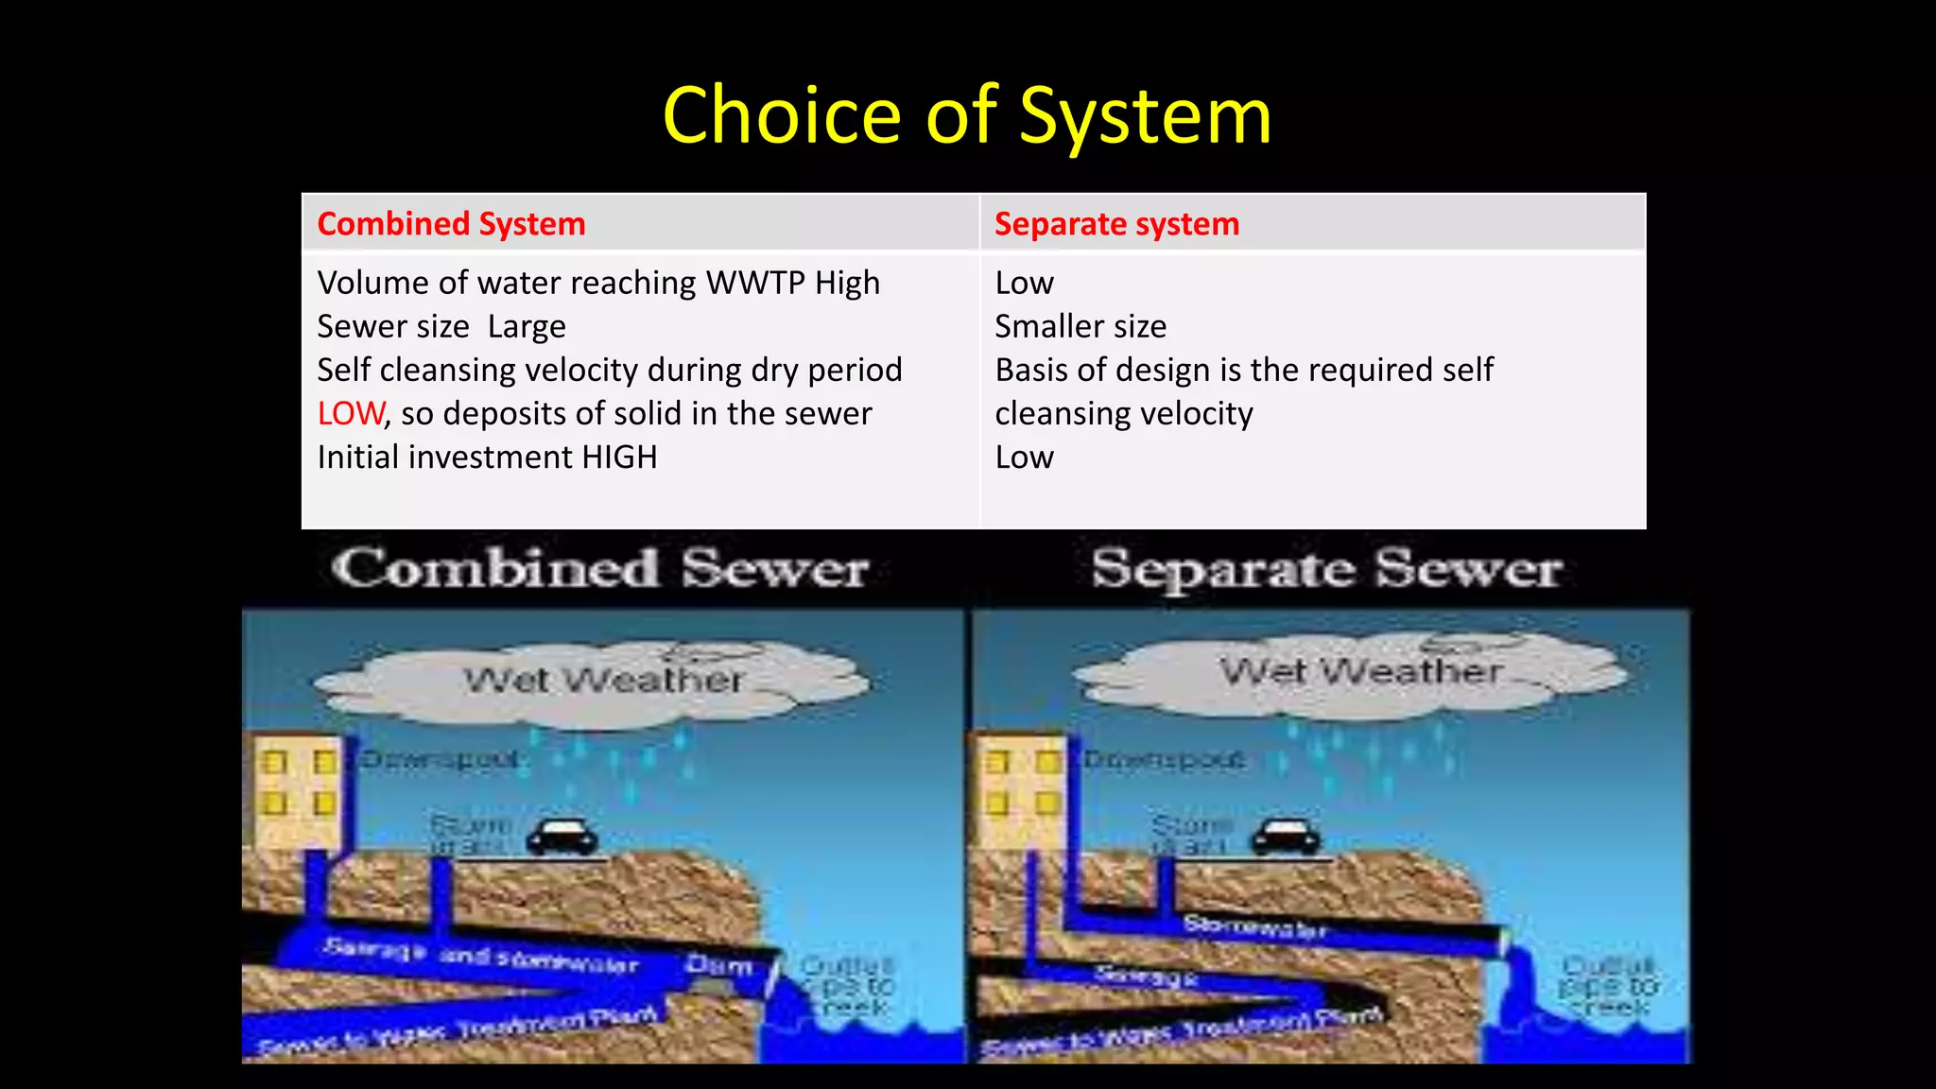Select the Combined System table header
(x=451, y=224)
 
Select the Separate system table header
(x=1116, y=224)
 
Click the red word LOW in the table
(x=351, y=414)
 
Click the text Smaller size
(x=1080, y=326)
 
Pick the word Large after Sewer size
(x=527, y=327)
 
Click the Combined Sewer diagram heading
(x=600, y=569)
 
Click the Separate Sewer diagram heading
(x=1326, y=570)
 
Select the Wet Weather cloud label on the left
(x=603, y=680)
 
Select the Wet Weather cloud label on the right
(x=1361, y=671)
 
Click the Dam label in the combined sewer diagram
(x=718, y=965)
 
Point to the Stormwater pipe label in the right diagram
(x=1254, y=927)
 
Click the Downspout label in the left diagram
(x=440, y=759)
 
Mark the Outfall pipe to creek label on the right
(x=1606, y=986)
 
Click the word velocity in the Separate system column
(x=1194, y=414)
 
